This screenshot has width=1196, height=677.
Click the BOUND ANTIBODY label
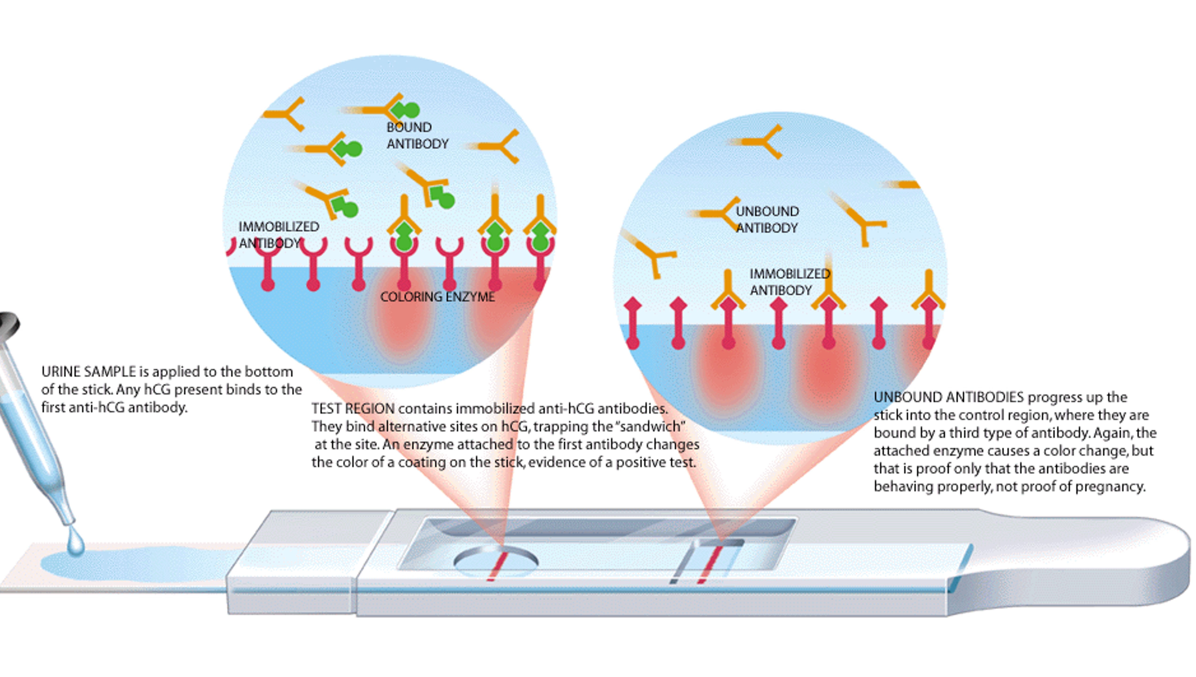pos(417,135)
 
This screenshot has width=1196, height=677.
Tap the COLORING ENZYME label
pos(437,297)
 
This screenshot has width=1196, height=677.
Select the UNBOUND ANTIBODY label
pos(767,220)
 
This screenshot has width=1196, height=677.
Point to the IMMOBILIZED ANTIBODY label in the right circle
pos(789,282)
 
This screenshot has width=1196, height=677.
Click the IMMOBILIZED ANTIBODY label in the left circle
pos(278,235)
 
